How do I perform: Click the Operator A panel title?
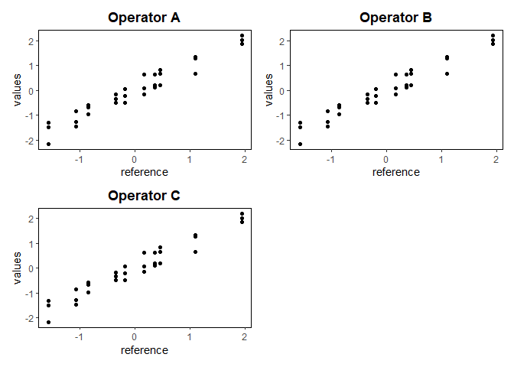[145, 17]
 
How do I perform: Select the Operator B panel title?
[395, 17]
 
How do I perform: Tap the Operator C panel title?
[145, 195]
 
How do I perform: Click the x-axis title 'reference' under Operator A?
[145, 172]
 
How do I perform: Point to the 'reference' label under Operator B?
[395, 172]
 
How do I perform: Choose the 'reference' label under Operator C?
[145, 350]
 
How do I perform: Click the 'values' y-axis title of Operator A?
[18, 89]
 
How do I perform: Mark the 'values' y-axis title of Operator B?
[268, 89]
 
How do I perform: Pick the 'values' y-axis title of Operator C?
[18, 268]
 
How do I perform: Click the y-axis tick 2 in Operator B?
[282, 41]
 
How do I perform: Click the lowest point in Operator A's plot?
[48, 144]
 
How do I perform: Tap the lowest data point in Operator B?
[300, 144]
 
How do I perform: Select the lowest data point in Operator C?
[48, 322]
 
